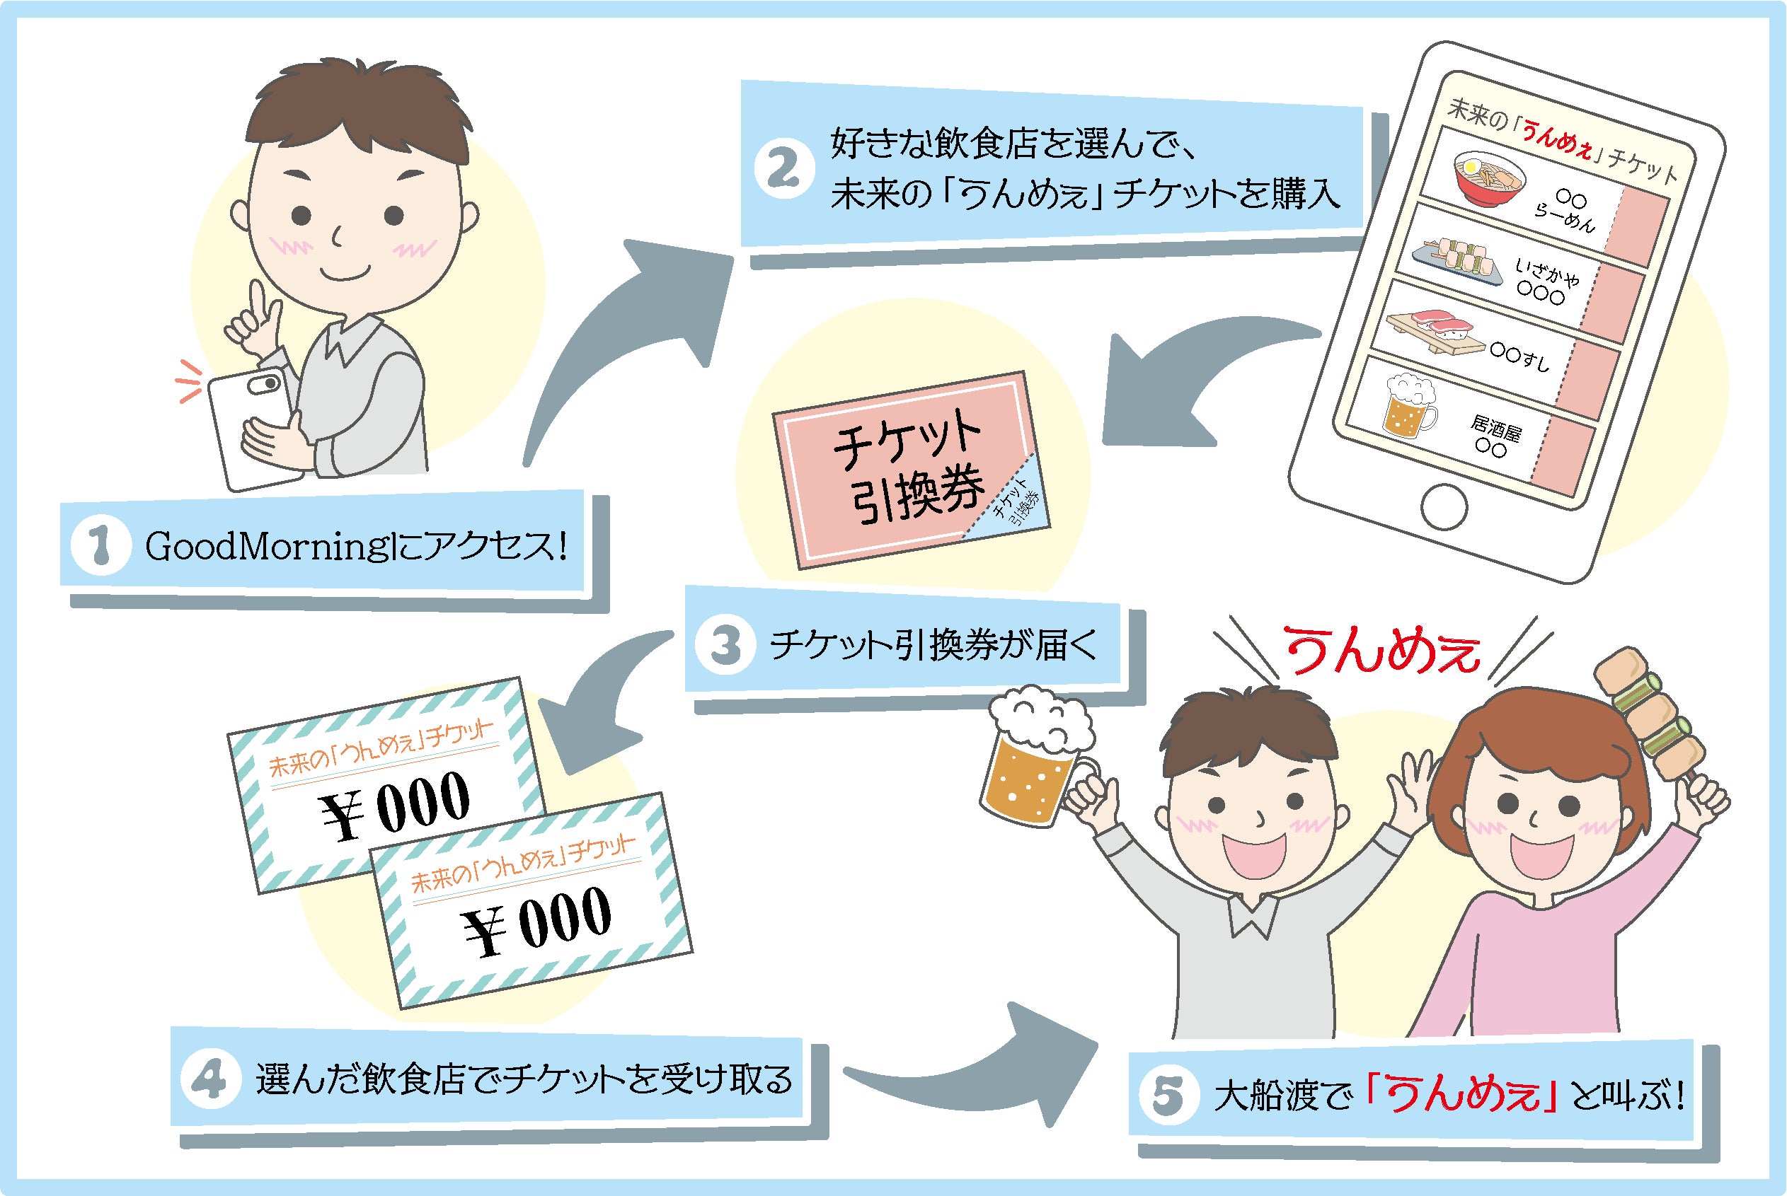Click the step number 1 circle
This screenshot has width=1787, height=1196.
[101, 546]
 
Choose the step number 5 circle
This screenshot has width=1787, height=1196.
[1168, 1096]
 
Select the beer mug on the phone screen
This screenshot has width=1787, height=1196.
[1408, 407]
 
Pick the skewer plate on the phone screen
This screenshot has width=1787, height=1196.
[1456, 255]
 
